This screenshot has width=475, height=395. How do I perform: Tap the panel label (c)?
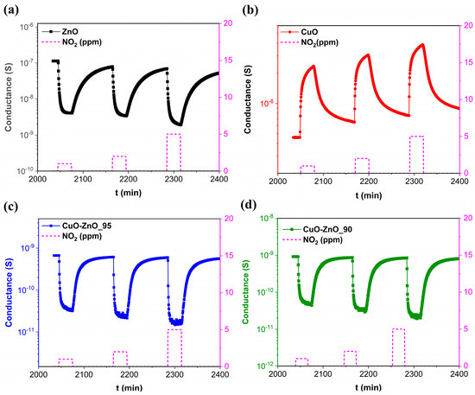(12, 207)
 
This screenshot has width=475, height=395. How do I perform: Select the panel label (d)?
(250, 207)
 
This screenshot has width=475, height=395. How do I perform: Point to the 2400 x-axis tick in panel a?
(219, 180)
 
